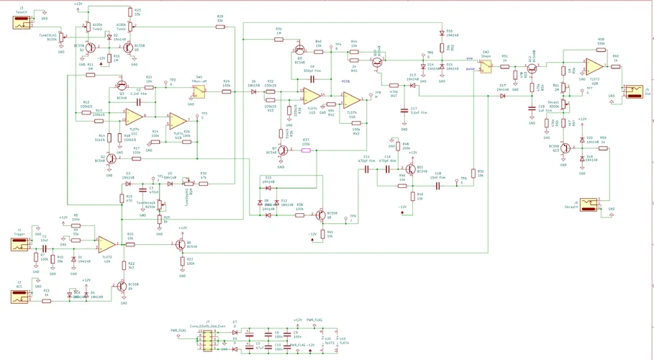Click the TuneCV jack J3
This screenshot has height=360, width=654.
click(19, 22)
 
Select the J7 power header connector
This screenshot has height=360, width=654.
click(206, 338)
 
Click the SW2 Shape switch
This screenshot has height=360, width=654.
click(486, 66)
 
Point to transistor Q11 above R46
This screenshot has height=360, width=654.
click(411, 169)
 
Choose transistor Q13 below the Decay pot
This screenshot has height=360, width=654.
click(565, 147)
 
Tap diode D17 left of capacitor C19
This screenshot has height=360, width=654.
click(502, 95)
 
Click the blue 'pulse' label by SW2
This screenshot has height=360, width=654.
click(471, 69)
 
